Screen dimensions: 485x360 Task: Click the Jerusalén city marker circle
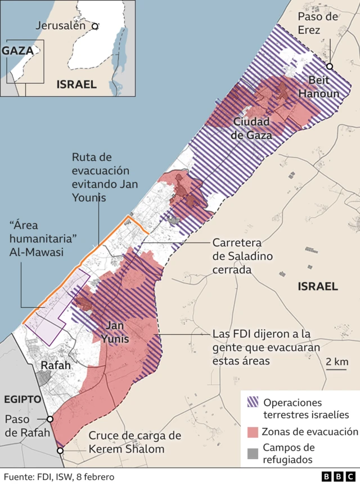pyautogui.click(x=95, y=26)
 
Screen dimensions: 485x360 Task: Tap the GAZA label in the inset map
pyautogui.click(x=19, y=50)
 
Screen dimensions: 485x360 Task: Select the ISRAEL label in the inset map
pyautogui.click(x=76, y=84)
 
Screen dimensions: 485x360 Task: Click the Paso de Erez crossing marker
pyautogui.click(x=330, y=66)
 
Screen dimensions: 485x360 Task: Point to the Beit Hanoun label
pyautogui.click(x=319, y=87)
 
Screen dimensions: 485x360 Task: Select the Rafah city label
pyautogui.click(x=56, y=365)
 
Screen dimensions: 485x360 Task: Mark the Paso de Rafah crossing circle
pyautogui.click(x=50, y=419)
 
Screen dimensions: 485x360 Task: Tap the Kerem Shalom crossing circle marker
pyautogui.click(x=60, y=450)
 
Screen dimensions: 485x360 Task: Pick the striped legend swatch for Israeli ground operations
pyautogui.click(x=252, y=402)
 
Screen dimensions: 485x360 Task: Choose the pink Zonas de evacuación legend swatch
pyautogui.click(x=252, y=432)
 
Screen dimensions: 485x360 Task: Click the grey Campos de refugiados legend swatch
pyautogui.click(x=252, y=453)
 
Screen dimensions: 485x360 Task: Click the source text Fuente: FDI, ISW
pyautogui.click(x=58, y=477)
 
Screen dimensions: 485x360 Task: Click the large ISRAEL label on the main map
pyautogui.click(x=318, y=286)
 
